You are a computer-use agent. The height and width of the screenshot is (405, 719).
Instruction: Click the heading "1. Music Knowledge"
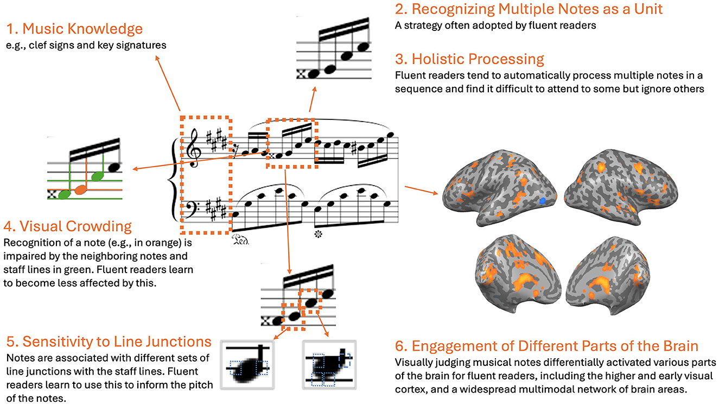75,29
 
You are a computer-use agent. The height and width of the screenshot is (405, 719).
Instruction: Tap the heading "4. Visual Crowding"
67,226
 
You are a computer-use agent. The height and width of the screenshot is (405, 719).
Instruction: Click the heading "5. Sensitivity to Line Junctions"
109,341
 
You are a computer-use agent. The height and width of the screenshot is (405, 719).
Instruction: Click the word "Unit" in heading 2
646,9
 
